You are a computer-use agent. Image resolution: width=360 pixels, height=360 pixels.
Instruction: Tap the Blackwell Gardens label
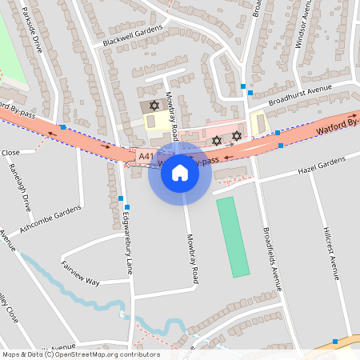pyautogui.click(x=132, y=35)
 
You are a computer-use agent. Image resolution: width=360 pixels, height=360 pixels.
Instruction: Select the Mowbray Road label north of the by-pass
pyautogui.click(x=170, y=112)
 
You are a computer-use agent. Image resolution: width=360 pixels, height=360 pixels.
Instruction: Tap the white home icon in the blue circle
pyautogui.click(x=180, y=173)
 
